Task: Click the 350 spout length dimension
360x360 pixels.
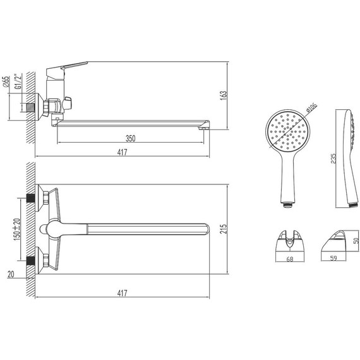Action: (x=130, y=138)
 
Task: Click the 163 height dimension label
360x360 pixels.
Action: (x=223, y=95)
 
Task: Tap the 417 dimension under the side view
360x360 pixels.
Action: (x=122, y=152)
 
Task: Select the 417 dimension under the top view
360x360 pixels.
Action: (x=122, y=293)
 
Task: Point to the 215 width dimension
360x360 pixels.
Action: (x=223, y=229)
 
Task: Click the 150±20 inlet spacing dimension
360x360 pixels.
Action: (x=17, y=229)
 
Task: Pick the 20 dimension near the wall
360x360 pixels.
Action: (x=11, y=274)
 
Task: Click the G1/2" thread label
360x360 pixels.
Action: (x=18, y=81)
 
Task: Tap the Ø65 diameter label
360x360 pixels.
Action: (x=6, y=81)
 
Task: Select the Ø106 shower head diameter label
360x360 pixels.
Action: (x=311, y=107)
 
